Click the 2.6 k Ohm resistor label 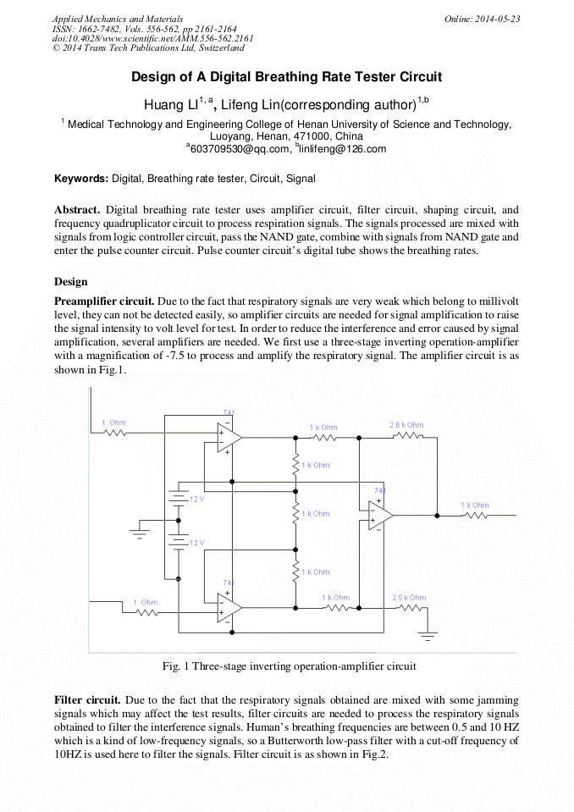pos(406,425)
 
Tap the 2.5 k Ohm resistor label pos(409,598)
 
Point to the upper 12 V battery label pos(196,500)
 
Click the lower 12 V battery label pos(196,543)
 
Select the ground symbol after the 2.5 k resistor pos(430,632)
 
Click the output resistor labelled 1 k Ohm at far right pos(475,505)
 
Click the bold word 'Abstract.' pos(77,209)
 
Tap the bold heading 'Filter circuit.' pos(88,701)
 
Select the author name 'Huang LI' pos(169,106)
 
